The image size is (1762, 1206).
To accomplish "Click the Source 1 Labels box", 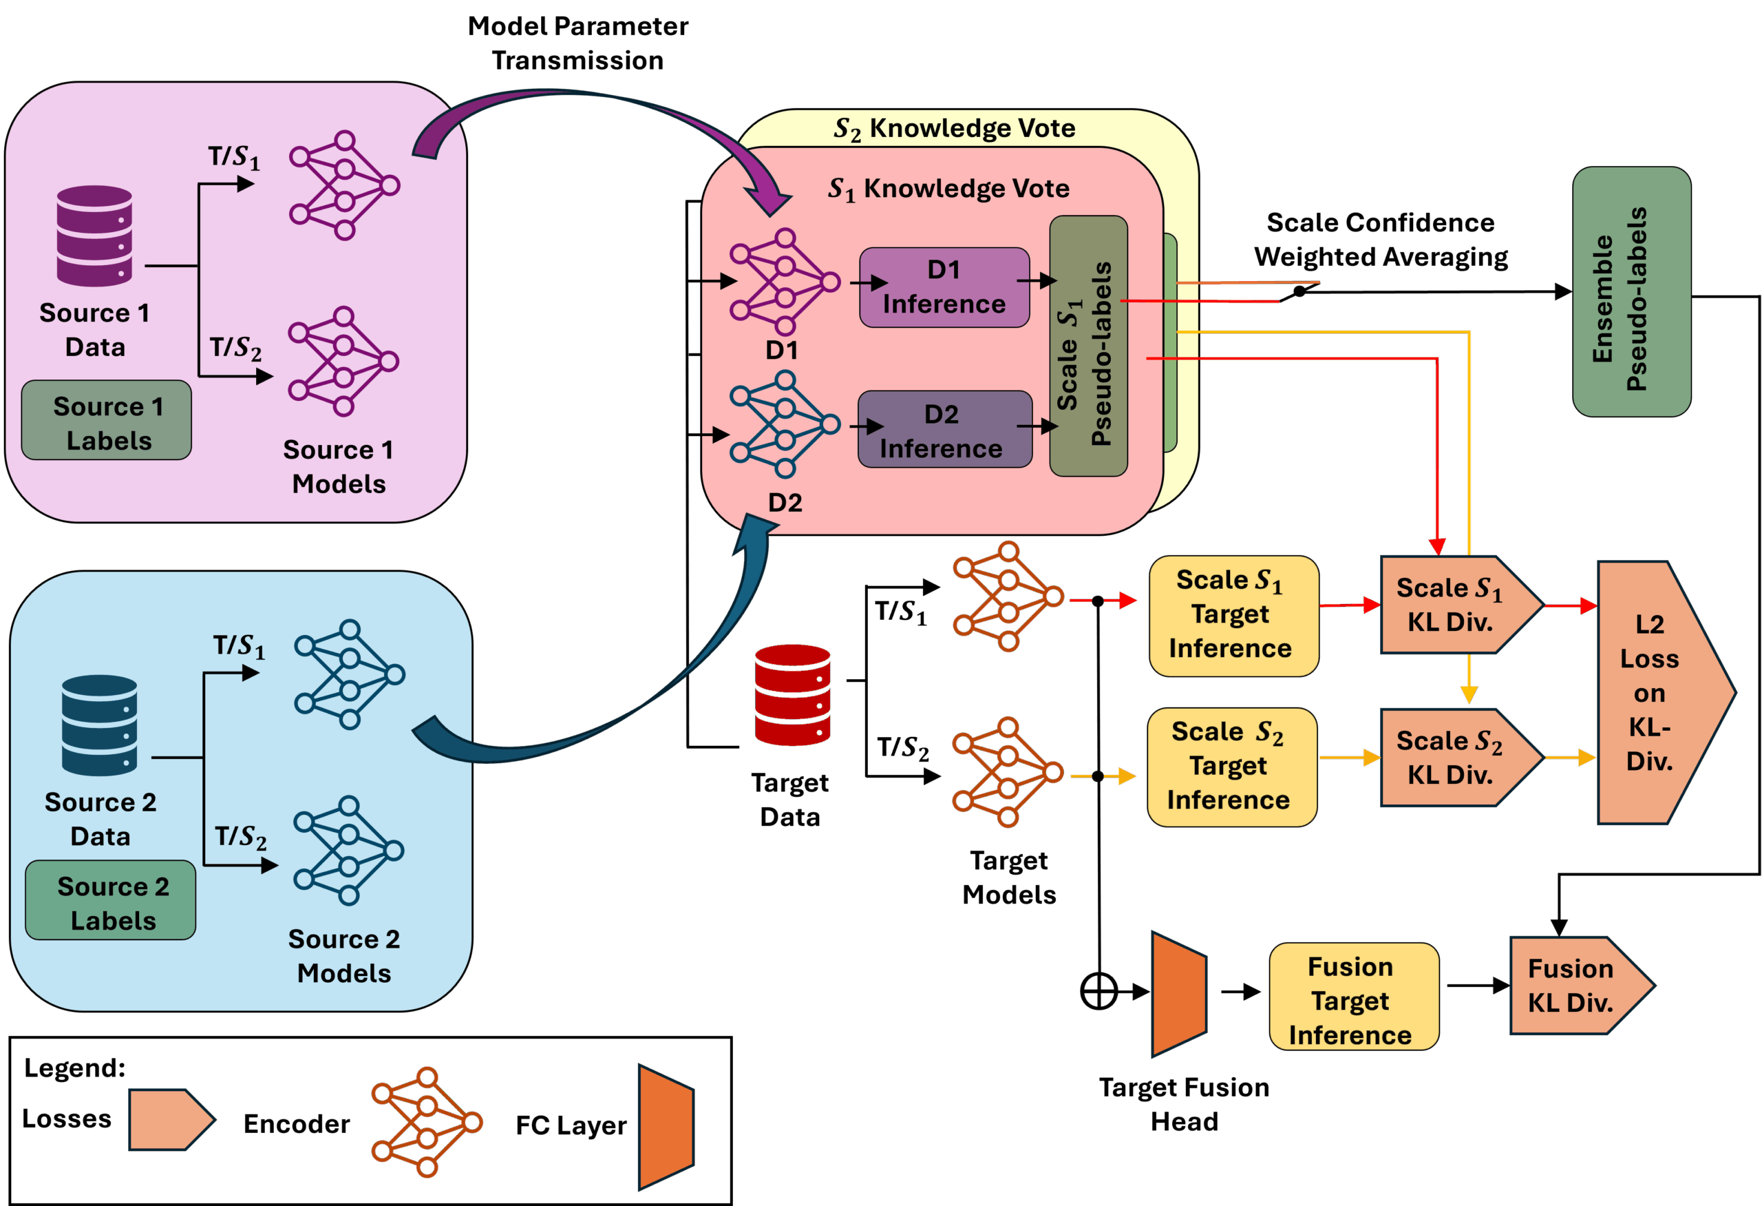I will pyautogui.click(x=106, y=420).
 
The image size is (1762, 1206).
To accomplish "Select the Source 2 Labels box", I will pyautogui.click(x=111, y=900).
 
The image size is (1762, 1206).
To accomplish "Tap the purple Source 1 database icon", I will pyautogui.click(x=95, y=236).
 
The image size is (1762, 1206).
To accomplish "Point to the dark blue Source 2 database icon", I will pyautogui.click(x=100, y=725).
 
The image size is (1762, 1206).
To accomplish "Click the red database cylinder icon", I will pyautogui.click(x=792, y=695).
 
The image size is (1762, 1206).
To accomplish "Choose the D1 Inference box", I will pyautogui.click(x=944, y=287).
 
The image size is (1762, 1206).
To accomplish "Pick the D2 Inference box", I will pyautogui.click(x=944, y=430).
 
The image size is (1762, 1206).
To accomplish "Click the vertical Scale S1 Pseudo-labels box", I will pyautogui.click(x=1088, y=346).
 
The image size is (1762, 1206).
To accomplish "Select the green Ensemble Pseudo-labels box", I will pyautogui.click(x=1632, y=292).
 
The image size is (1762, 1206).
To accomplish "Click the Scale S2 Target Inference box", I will pyautogui.click(x=1231, y=767).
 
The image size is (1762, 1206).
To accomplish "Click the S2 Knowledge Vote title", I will pyautogui.click(x=955, y=128).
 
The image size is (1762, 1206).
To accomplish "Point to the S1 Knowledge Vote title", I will pyautogui.click(x=948, y=189).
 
